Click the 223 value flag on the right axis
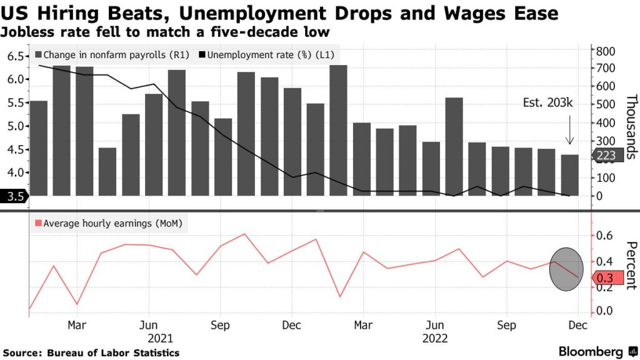coord(607,156)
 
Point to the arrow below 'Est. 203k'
coord(570,133)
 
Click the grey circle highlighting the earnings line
coord(568,268)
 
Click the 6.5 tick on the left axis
coord(16,56)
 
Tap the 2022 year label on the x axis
coord(434,338)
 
